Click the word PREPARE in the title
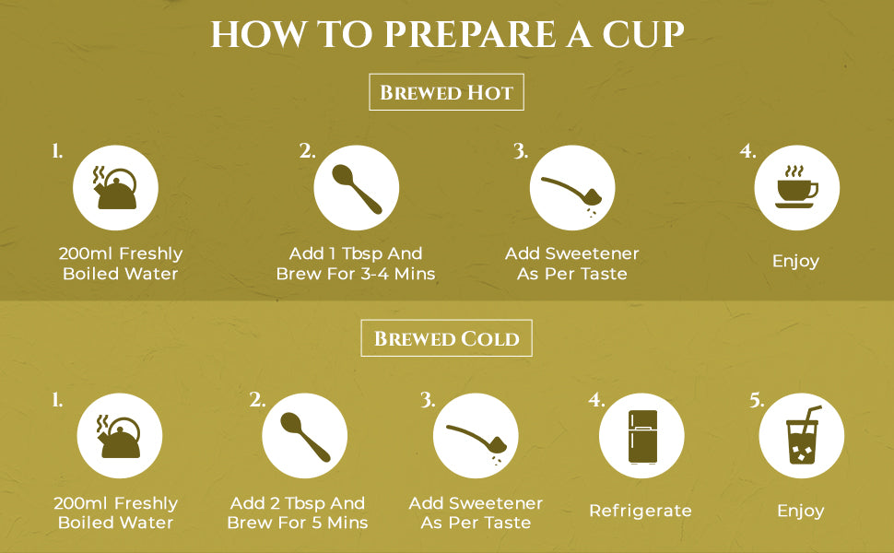pyautogui.click(x=470, y=34)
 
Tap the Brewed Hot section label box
pyautogui.click(x=446, y=92)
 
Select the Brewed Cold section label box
pyautogui.click(x=446, y=338)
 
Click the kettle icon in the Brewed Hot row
pyautogui.click(x=115, y=188)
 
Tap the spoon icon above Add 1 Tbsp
pyautogui.click(x=357, y=189)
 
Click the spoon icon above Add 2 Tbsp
pyautogui.click(x=305, y=437)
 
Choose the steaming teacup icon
pyautogui.click(x=796, y=187)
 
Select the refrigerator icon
pyautogui.click(x=642, y=436)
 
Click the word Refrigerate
pyautogui.click(x=641, y=511)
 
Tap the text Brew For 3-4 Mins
pyautogui.click(x=356, y=274)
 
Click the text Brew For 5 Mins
pyautogui.click(x=298, y=523)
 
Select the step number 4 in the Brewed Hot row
pyautogui.click(x=747, y=151)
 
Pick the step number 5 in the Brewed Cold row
pyautogui.click(x=757, y=400)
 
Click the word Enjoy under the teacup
pyautogui.click(x=796, y=261)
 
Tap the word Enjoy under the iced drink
pyautogui.click(x=801, y=511)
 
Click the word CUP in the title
pyautogui.click(x=643, y=34)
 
